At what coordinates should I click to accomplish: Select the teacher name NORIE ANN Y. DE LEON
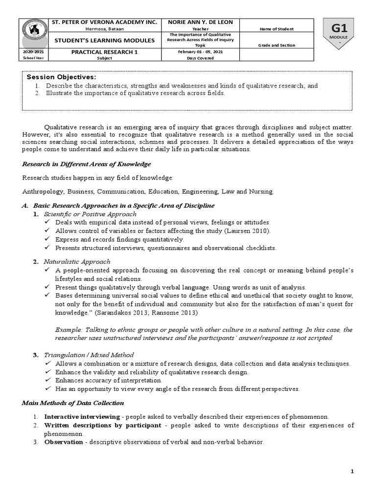[201, 23]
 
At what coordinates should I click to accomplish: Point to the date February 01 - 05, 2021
[201, 52]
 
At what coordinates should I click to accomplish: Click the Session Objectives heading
[61, 77]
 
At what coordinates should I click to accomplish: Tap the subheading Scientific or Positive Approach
[90, 214]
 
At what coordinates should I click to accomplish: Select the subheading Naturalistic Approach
[77, 262]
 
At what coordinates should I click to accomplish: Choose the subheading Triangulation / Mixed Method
[89, 355]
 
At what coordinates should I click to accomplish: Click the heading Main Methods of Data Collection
[73, 403]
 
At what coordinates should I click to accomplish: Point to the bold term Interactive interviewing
[82, 417]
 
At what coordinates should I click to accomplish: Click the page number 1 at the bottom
[352, 471]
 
